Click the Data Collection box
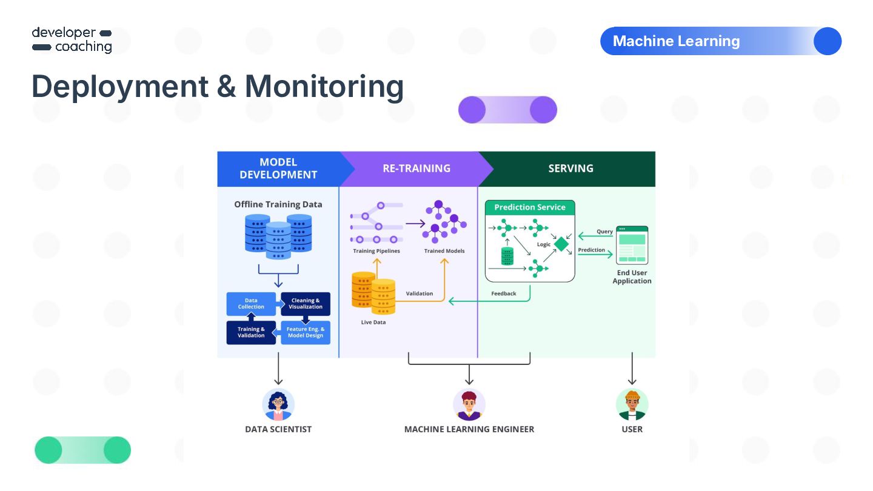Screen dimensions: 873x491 coord(251,304)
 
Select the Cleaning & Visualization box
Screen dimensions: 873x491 coord(306,304)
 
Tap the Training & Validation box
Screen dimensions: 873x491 coord(251,332)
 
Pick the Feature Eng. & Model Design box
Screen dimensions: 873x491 coord(306,332)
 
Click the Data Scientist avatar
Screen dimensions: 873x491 coord(278,404)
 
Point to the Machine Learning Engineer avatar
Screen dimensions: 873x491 coord(469,404)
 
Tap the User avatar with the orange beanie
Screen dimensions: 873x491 coord(632,404)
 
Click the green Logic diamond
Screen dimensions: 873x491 coord(561,244)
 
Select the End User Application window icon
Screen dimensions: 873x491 coord(632,245)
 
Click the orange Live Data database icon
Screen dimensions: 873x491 coord(373,293)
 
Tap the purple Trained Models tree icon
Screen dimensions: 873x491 coord(444,221)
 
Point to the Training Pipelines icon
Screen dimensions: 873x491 coord(376,222)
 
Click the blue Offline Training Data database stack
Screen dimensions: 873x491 coord(278,236)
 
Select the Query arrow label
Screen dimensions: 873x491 coord(604,232)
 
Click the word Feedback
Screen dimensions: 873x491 coord(504,293)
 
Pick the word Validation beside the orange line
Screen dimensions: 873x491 coord(420,293)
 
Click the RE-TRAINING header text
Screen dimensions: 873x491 coord(416,169)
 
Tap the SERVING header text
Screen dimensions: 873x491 coord(570,169)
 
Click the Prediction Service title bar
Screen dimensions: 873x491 coord(530,207)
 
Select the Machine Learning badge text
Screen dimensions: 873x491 coord(676,41)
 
